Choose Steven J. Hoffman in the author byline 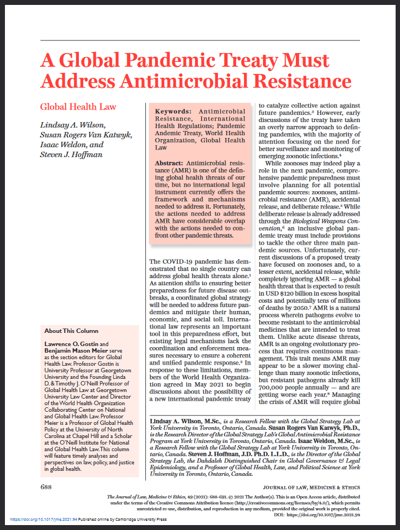(71, 157)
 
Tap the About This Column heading (72, 331)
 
